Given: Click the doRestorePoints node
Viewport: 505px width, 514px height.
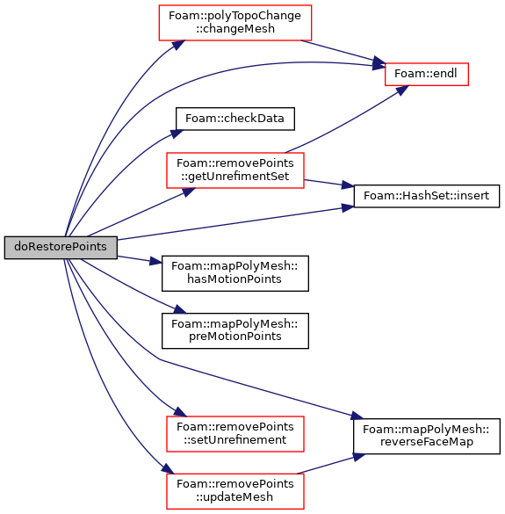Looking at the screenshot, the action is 61,248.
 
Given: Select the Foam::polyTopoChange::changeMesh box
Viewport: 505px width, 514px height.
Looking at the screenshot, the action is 235,23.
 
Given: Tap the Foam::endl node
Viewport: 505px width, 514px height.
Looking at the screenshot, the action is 426,75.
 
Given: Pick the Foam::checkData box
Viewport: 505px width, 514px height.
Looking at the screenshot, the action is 235,119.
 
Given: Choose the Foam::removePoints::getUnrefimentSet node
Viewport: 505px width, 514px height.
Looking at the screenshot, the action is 235,170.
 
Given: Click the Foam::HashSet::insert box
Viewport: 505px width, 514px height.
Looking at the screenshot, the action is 427,196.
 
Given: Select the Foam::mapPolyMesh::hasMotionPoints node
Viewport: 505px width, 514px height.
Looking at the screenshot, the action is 235,273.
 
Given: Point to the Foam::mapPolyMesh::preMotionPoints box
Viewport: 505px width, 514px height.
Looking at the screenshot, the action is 235,330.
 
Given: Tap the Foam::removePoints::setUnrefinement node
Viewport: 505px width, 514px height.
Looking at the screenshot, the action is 235,434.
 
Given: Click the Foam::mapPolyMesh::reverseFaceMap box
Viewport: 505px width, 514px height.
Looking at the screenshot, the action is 427,437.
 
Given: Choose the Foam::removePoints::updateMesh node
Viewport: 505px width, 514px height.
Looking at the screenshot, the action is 235,491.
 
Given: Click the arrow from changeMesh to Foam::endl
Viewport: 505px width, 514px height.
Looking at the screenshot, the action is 343,52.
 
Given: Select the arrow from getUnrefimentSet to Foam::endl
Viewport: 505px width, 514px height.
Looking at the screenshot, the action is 348,119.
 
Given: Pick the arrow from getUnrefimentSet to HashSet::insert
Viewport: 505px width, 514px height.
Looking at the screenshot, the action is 329,184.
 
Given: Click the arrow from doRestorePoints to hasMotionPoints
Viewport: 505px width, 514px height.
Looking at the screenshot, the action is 140,259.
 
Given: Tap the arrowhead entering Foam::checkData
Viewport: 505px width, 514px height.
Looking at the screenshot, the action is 177,133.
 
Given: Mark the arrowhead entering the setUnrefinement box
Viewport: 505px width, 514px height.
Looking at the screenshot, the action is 180,412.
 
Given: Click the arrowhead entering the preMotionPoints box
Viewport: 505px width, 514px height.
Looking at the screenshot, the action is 180,308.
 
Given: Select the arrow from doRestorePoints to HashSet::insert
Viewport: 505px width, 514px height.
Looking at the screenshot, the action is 235,223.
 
